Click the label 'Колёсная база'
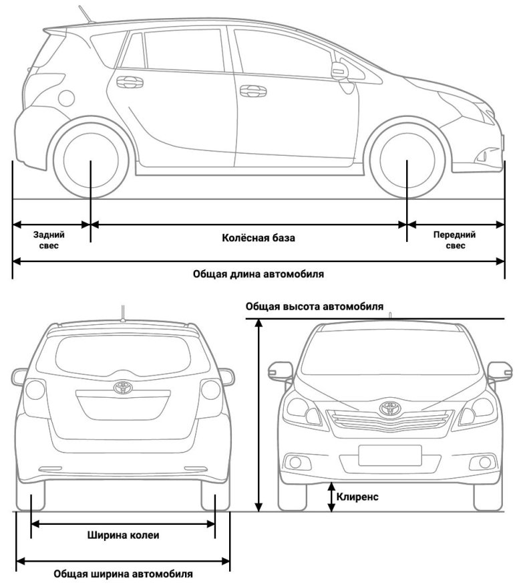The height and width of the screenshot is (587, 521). tap(248, 237)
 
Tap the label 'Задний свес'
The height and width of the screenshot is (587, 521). tap(49, 240)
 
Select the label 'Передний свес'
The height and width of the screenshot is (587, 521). tap(454, 240)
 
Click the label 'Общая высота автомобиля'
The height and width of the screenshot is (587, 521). tap(315, 307)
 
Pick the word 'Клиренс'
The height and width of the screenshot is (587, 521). tap(357, 497)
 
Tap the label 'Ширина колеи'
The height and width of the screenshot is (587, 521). tap(124, 535)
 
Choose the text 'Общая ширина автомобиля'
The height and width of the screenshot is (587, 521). tap(123, 574)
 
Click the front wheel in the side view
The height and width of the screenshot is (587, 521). tap(407, 160)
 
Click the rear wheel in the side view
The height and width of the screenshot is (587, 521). tap(91, 160)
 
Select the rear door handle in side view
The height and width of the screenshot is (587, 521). tap(129, 82)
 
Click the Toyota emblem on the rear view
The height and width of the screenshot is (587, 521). tap(122, 387)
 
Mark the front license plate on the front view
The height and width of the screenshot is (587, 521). tap(389, 455)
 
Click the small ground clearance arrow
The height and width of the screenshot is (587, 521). tap(331, 498)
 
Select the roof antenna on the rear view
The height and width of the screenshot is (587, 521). tap(123, 312)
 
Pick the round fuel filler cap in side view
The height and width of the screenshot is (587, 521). tap(66, 98)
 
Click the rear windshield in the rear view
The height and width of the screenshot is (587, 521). tap(122, 354)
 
